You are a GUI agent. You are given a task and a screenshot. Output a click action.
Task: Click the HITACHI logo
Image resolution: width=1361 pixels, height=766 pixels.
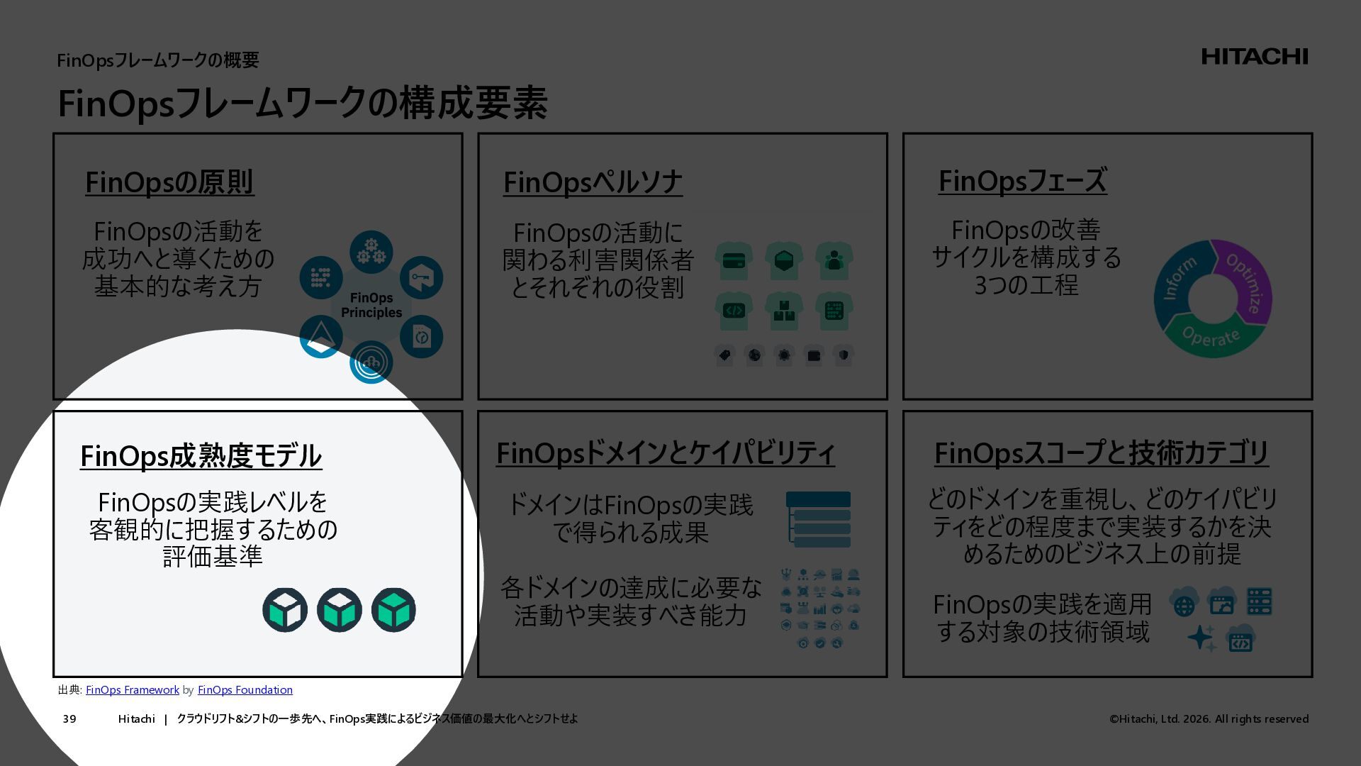1254,57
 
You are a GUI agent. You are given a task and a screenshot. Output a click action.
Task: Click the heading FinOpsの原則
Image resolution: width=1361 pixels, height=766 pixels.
169,182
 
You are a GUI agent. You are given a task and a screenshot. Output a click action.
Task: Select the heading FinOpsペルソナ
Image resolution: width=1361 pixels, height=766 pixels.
593,182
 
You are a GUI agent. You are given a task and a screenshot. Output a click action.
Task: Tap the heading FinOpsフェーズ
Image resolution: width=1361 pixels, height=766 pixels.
1021,181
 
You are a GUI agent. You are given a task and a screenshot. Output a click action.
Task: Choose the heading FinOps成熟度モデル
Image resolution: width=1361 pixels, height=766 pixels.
201,456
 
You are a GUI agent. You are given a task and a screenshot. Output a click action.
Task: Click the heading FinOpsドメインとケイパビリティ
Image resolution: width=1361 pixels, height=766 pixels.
665,453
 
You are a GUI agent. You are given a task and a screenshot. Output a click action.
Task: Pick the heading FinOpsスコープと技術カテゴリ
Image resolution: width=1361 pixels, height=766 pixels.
1101,453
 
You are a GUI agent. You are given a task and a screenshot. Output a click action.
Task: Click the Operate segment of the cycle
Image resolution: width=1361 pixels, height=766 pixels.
1211,338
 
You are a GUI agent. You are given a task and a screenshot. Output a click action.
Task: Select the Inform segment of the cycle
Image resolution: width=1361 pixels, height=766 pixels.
1175,279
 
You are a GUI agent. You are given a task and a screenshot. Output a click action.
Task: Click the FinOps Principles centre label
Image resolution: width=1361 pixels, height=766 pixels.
371,306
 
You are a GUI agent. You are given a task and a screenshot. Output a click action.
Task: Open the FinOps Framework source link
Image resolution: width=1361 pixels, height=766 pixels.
133,690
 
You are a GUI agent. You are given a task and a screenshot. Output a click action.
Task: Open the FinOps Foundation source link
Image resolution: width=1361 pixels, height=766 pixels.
245,690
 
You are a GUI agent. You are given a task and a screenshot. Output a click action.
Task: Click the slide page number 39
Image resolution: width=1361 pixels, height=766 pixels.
69,719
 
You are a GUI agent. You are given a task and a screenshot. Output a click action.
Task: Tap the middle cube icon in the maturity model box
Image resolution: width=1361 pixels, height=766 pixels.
339,610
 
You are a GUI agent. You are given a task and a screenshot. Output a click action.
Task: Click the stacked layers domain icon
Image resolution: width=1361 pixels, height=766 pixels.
818,520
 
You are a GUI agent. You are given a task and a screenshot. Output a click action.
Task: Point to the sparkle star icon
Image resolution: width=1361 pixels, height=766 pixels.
1202,638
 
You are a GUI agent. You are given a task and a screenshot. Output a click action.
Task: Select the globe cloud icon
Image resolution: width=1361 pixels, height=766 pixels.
1184,603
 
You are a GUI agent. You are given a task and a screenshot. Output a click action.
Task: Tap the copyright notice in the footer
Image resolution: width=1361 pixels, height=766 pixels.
1209,719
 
